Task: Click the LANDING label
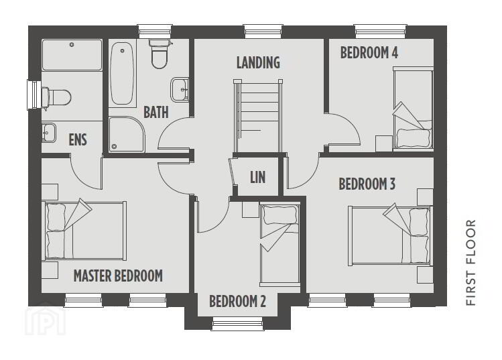[258, 62]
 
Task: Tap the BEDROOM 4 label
[369, 53]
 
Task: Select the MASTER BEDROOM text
[118, 276]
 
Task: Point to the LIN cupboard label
[258, 177]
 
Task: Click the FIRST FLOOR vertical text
[471, 262]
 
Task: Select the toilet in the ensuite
[57, 97]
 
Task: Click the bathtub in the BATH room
[122, 74]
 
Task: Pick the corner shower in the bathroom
[127, 134]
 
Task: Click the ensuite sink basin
[49, 132]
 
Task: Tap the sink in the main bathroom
[180, 89]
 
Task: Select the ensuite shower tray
[72, 55]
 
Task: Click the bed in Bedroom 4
[413, 109]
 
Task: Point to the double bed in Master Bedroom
[84, 231]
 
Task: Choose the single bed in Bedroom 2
[279, 244]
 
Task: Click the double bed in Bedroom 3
[390, 236]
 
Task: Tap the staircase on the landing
[258, 116]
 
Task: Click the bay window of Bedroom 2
[237, 324]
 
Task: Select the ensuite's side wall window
[34, 95]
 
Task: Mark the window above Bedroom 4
[381, 32]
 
